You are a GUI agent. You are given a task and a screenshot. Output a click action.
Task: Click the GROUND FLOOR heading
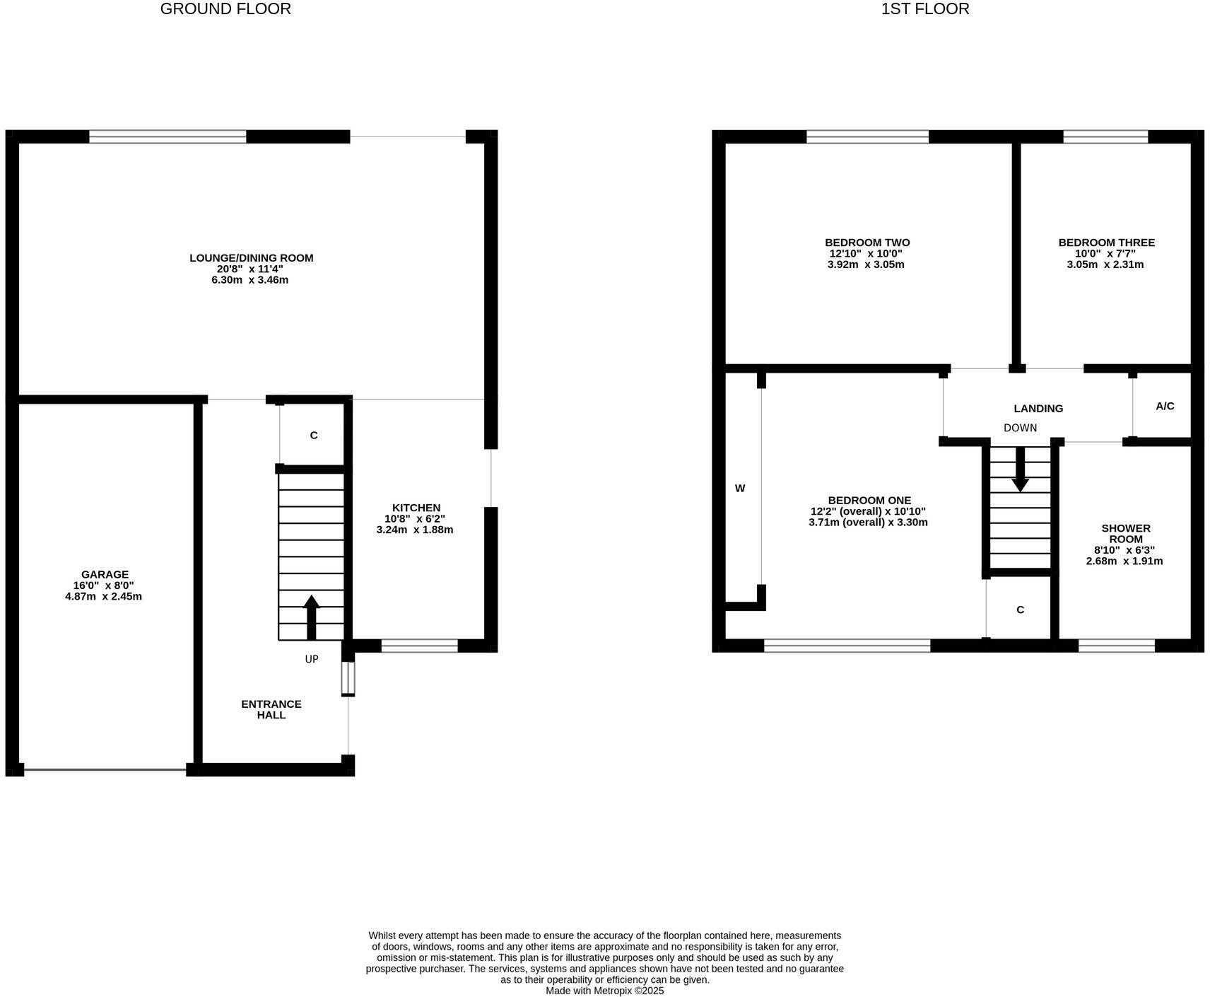click(225, 9)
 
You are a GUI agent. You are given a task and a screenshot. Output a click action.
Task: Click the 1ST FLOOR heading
click(925, 9)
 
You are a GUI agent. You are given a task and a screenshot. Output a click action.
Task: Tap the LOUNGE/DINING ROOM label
click(251, 258)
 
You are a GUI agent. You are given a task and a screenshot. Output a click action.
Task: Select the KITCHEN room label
click(416, 508)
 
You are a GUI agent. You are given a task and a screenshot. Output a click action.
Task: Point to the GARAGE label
click(105, 575)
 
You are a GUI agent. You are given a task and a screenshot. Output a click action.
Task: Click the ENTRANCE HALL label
click(271, 709)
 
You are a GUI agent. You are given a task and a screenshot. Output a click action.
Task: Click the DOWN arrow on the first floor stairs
click(1020, 469)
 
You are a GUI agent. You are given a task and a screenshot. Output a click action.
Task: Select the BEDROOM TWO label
click(867, 243)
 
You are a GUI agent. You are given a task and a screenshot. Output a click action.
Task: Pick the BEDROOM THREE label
click(1106, 243)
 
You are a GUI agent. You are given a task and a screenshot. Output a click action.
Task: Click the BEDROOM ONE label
click(869, 500)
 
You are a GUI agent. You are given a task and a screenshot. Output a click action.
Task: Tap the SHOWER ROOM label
click(1125, 533)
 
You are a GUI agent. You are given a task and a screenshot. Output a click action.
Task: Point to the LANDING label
click(1038, 408)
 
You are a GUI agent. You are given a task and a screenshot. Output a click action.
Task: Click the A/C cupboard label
click(1165, 406)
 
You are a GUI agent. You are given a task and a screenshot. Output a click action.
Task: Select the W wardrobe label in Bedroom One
click(740, 488)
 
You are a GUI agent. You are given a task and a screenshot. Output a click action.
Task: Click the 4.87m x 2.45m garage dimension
click(103, 596)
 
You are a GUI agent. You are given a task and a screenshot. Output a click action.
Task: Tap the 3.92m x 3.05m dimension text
click(866, 264)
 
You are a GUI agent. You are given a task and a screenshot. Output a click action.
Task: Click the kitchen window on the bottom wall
click(420, 645)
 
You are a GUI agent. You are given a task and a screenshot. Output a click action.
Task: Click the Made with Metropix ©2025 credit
click(604, 991)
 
